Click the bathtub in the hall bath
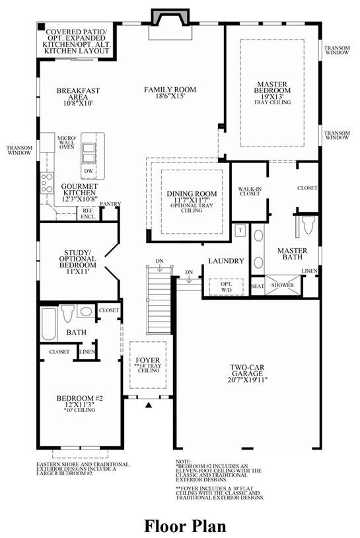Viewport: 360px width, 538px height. point(49,323)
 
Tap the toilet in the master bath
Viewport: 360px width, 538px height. point(308,224)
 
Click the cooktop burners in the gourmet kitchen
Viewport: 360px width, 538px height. point(48,183)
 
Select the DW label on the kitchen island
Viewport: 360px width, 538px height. point(89,171)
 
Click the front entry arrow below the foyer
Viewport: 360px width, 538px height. point(148,405)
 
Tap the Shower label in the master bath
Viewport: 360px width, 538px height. point(283,285)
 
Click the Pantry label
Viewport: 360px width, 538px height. point(110,204)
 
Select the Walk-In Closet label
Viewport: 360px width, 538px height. point(250,191)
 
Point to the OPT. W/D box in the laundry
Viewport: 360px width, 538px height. point(226,287)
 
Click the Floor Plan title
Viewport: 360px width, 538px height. point(185,525)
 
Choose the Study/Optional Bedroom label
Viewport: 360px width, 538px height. point(77,262)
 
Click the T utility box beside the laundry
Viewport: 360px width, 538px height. point(240,230)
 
